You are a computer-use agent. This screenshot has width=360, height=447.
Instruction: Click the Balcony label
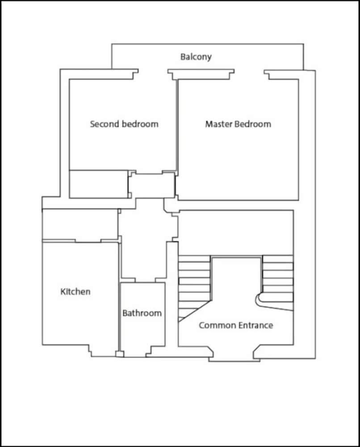tap(196, 57)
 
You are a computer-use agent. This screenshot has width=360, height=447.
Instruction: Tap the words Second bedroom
tap(124, 124)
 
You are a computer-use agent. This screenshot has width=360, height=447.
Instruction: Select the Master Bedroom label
tap(238, 124)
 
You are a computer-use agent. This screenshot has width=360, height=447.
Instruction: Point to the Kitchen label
tap(75, 291)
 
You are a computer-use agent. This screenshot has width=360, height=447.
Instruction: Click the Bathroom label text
tap(142, 313)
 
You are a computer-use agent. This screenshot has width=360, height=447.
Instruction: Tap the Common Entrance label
tap(236, 325)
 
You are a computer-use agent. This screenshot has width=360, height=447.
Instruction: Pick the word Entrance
tap(256, 325)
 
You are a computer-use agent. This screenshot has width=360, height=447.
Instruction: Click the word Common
tap(218, 325)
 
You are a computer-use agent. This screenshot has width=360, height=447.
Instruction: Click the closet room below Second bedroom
tap(99, 184)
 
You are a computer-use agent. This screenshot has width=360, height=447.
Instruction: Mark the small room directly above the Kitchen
tap(80, 225)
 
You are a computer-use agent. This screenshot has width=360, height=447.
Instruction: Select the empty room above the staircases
tap(236, 232)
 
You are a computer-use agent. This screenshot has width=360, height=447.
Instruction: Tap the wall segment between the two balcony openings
tap(201, 74)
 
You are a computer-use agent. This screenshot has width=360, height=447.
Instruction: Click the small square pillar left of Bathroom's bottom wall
tap(120, 354)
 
